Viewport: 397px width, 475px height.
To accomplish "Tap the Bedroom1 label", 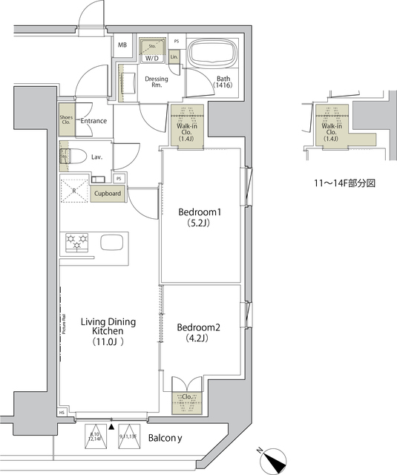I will pyautogui.click(x=200, y=218).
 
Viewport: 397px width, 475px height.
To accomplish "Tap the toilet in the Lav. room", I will pyautogui.click(x=67, y=157).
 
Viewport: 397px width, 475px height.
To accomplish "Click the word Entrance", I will pyautogui.click(x=93, y=121).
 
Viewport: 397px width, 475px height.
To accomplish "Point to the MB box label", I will pyautogui.click(x=122, y=45).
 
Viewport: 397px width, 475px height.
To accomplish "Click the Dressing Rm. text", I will pyautogui.click(x=157, y=82).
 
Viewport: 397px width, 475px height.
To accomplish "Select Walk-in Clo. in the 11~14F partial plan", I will pyautogui.click(x=331, y=131).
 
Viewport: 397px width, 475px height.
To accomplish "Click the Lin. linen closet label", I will pyautogui.click(x=174, y=56).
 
